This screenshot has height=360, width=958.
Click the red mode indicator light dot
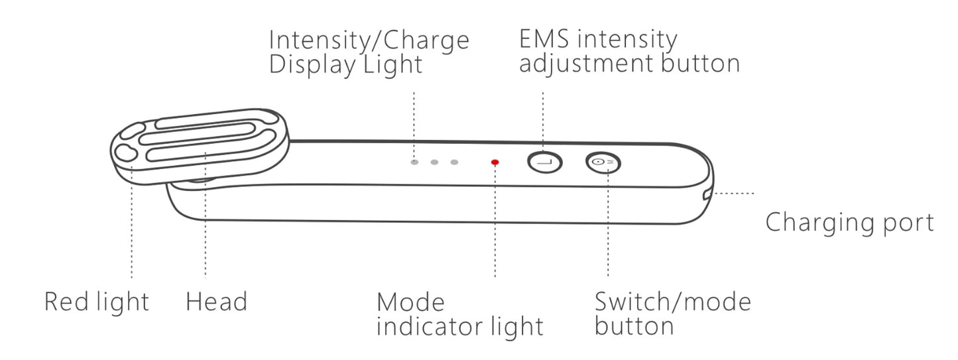click(495, 162)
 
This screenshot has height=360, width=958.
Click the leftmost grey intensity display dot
click(414, 162)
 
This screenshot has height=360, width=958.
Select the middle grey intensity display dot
click(434, 162)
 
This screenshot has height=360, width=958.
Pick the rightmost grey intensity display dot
click(454, 162)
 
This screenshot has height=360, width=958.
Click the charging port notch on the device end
click(707, 194)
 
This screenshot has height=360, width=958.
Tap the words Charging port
click(849, 223)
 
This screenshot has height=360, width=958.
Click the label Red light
click(97, 302)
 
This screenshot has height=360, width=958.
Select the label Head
click(216, 302)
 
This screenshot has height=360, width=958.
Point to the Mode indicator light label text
click(459, 314)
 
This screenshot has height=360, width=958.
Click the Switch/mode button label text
click(672, 314)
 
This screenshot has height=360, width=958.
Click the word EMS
click(545, 40)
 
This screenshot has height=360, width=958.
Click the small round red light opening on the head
click(125, 153)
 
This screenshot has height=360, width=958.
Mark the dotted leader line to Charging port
click(733, 194)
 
